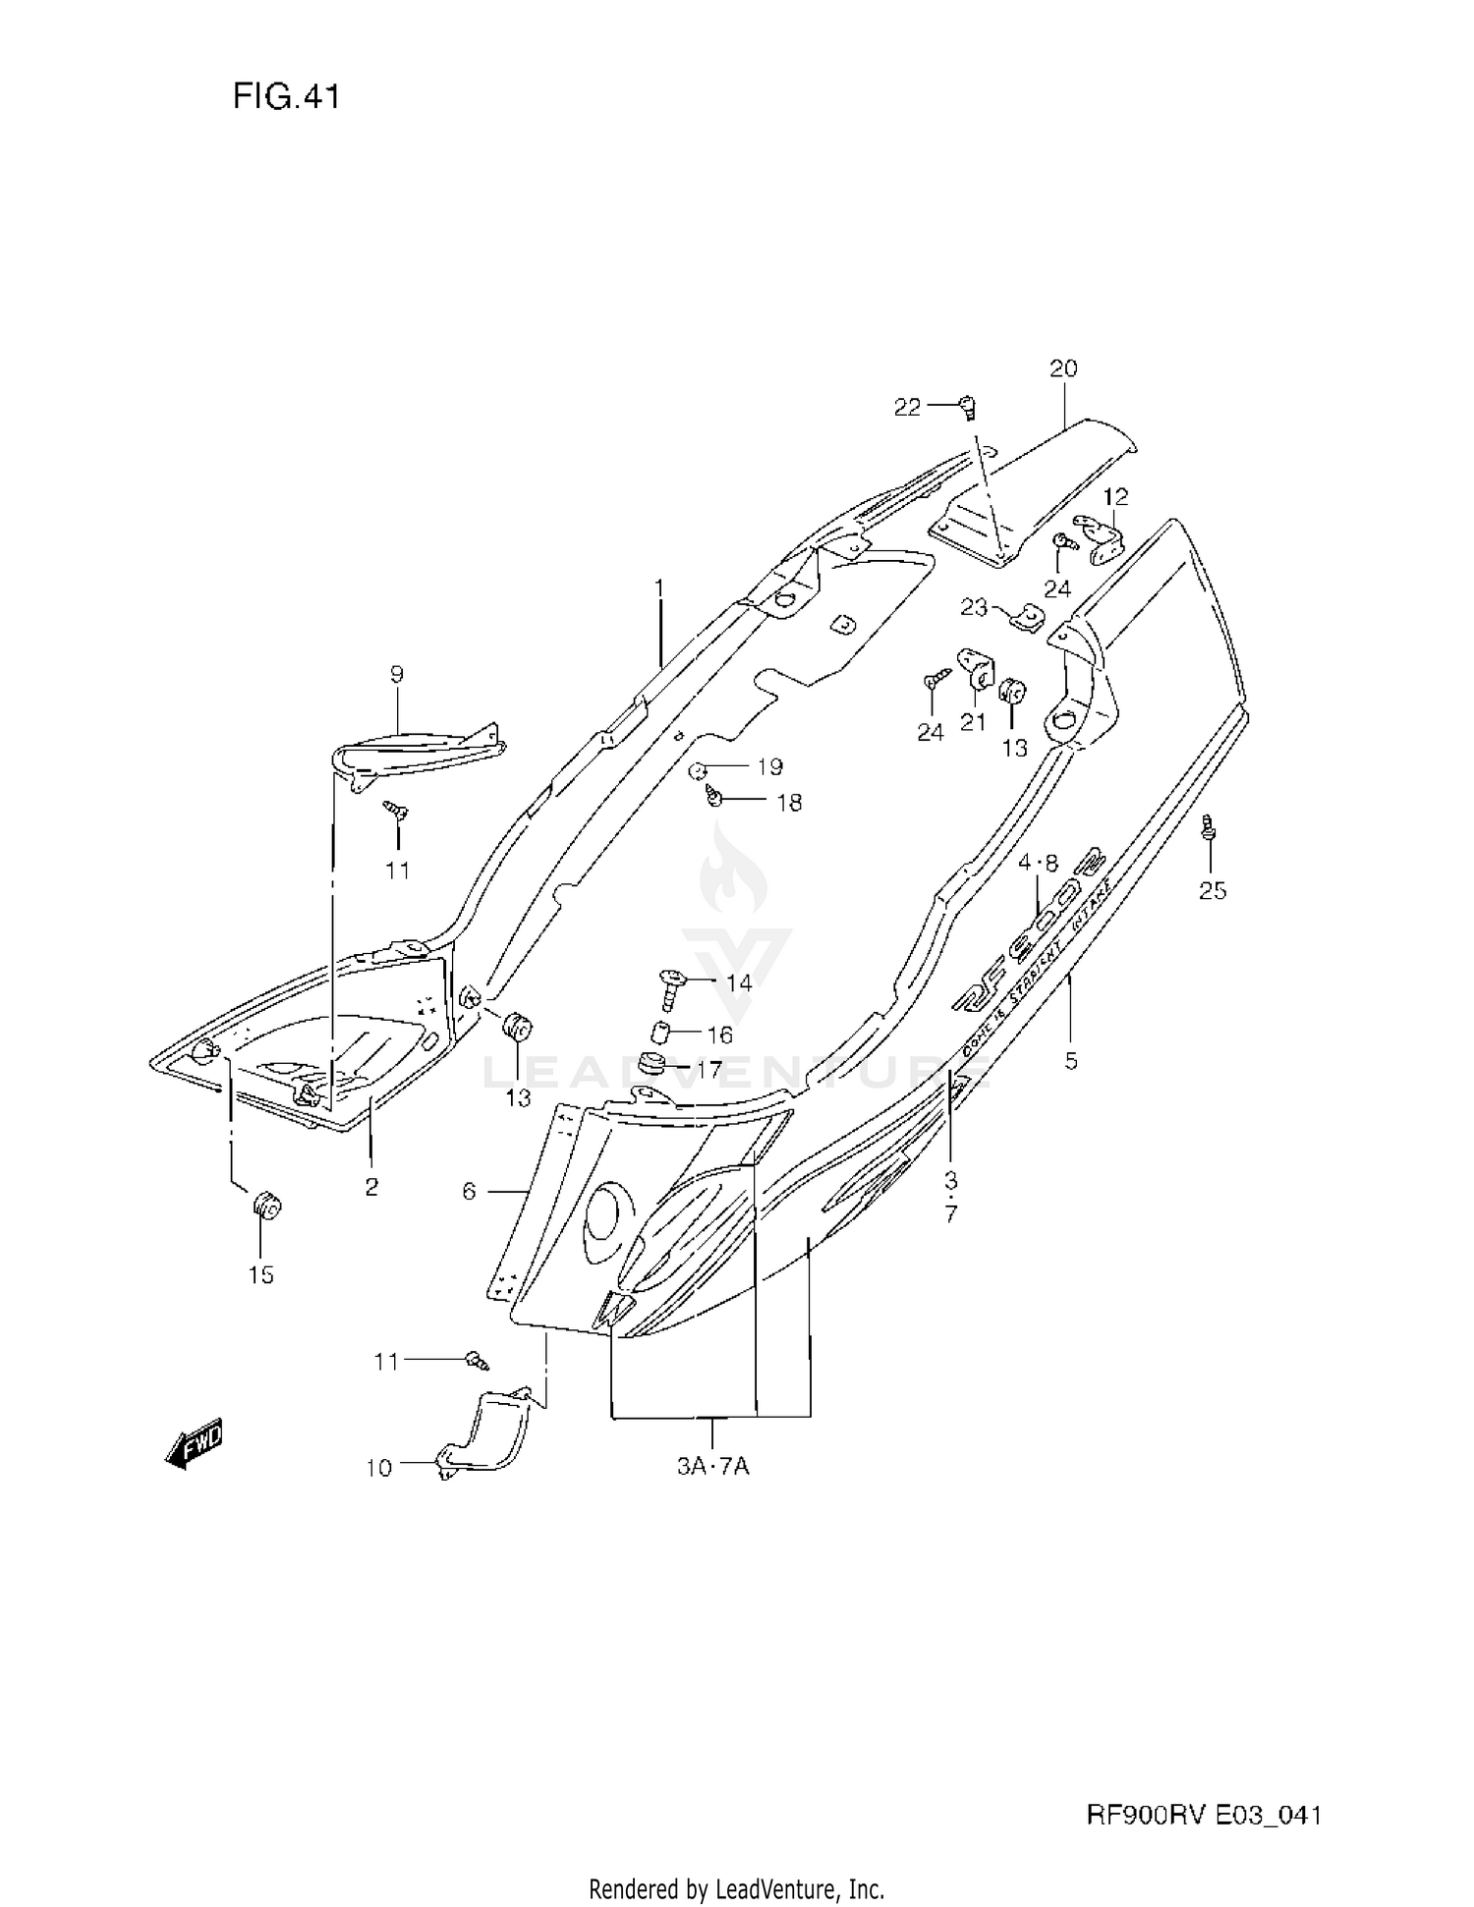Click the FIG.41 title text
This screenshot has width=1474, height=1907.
286,96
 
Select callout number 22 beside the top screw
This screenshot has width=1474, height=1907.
907,407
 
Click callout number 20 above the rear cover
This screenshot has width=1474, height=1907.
1063,368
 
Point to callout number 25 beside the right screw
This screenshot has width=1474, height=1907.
1213,890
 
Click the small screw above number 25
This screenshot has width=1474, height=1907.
1210,829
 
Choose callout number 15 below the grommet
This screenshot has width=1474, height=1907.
260,1274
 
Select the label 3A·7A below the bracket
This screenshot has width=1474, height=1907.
713,1467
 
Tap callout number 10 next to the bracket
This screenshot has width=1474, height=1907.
378,1468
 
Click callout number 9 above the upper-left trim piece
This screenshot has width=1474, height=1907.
396,674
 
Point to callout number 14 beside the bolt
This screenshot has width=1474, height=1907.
738,982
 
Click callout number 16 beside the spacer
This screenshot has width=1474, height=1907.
719,1035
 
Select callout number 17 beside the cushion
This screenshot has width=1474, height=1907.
709,1068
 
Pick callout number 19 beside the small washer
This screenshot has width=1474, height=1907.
768,766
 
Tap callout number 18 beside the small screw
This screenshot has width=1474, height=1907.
789,803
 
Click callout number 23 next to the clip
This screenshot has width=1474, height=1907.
973,608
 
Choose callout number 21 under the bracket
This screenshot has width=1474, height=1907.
973,722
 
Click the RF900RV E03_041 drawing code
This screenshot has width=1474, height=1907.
1203,1815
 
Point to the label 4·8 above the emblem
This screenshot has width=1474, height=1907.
1038,863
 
